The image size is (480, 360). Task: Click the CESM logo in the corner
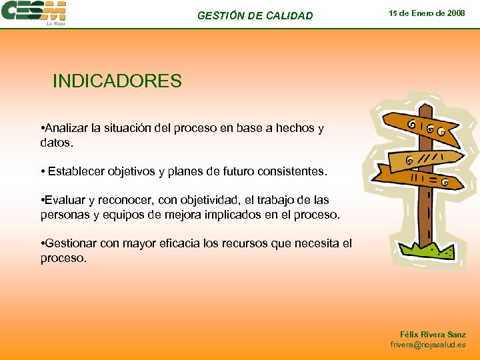[33, 11]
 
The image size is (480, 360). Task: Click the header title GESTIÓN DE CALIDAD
[255, 15]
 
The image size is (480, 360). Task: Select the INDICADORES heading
[117, 81]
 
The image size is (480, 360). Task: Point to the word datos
[56, 143]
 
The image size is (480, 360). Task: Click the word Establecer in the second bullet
[73, 171]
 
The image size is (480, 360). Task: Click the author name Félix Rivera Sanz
[433, 334]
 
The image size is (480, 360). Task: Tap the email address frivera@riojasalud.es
[428, 345]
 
